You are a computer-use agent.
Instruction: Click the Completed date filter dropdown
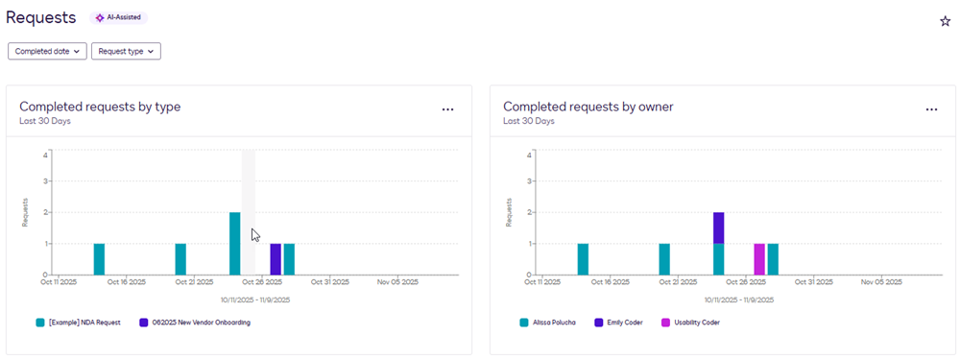click(47, 51)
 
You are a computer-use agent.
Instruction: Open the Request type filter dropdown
click(126, 51)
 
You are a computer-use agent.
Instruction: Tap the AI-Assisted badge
click(119, 17)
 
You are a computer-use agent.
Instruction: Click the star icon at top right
click(945, 21)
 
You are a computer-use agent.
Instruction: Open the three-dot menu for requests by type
click(447, 109)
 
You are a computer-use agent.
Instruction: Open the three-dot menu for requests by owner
click(931, 109)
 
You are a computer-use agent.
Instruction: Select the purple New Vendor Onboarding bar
click(276, 259)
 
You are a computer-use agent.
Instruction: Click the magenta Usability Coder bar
click(759, 259)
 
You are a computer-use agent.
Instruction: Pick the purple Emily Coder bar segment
click(718, 228)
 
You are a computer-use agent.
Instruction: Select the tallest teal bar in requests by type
click(235, 244)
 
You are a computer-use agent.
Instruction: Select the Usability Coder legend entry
click(691, 323)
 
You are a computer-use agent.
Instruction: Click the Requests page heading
click(40, 17)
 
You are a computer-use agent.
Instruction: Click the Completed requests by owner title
click(588, 107)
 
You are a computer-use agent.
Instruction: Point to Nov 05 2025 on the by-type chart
click(397, 282)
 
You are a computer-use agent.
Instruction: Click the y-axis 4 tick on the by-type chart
click(46, 154)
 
